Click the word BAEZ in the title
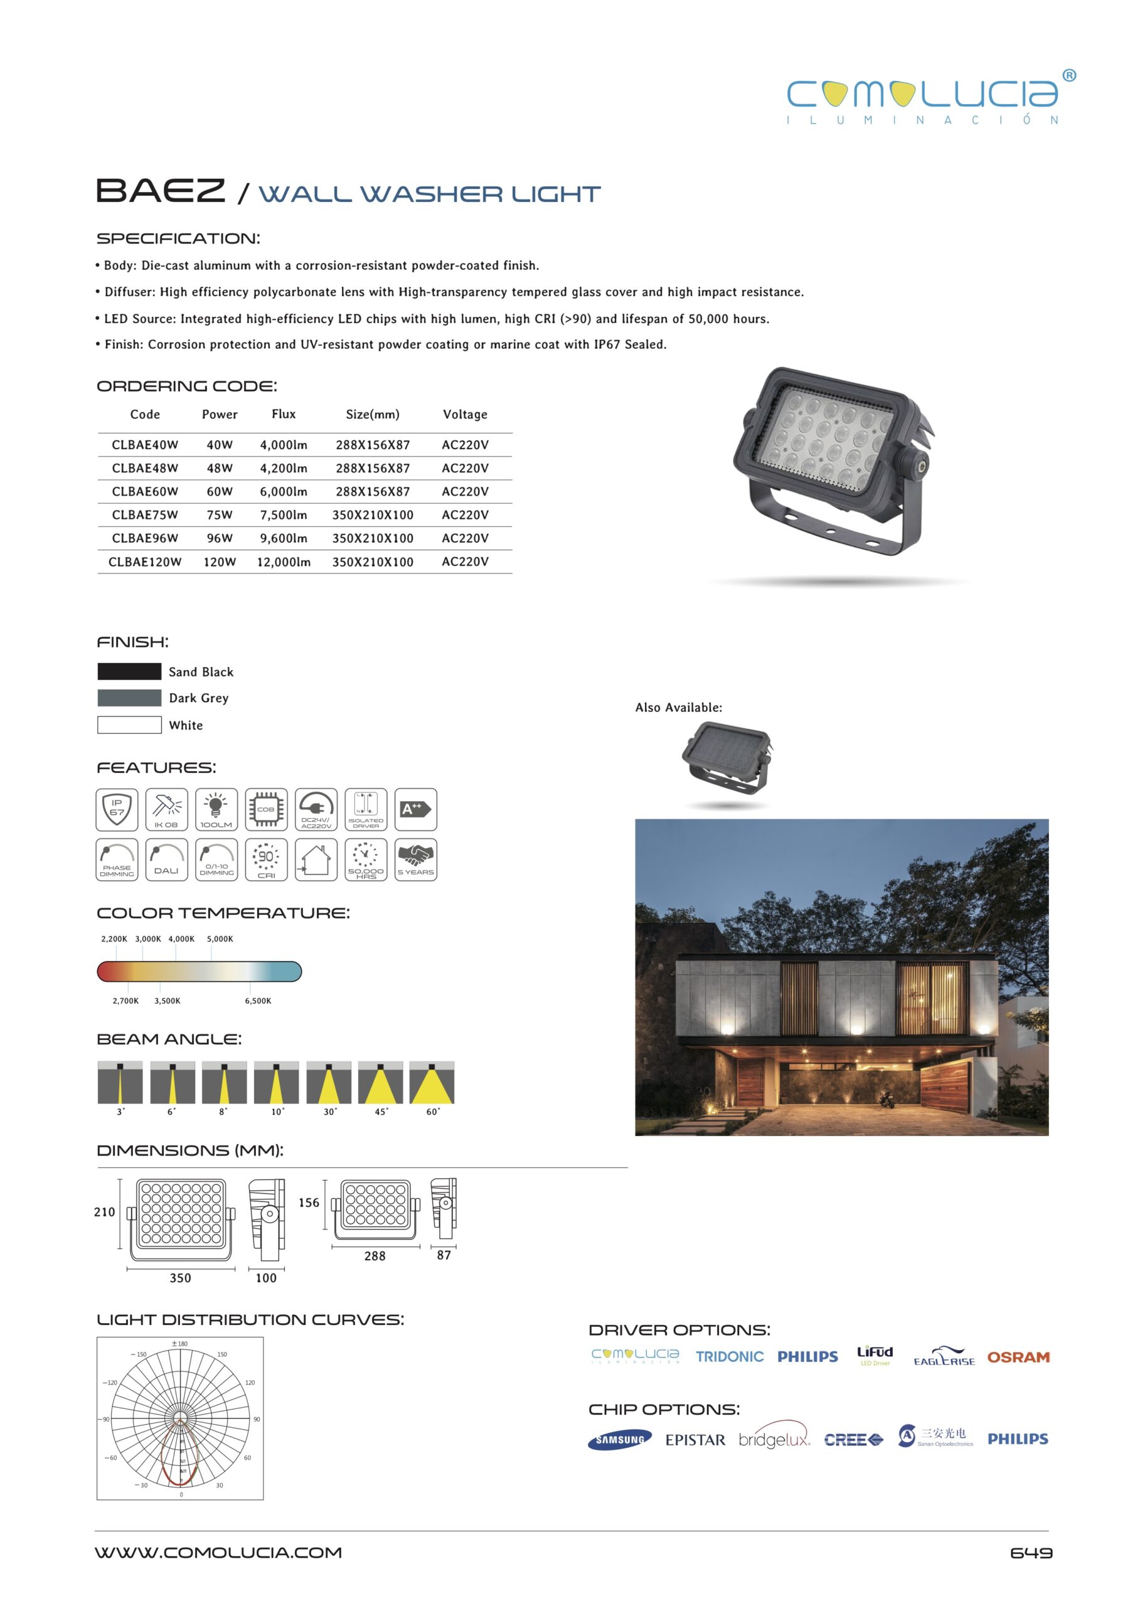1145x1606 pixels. click(x=160, y=191)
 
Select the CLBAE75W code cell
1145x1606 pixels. click(x=144, y=514)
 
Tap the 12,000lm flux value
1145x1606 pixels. click(x=284, y=562)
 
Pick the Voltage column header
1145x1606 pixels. click(x=465, y=415)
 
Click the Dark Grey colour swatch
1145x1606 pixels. click(x=129, y=698)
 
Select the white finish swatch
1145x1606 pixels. click(x=129, y=725)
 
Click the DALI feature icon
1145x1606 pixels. click(x=166, y=859)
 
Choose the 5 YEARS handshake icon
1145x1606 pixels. click(x=415, y=859)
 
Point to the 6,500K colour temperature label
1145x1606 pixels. click(x=258, y=1001)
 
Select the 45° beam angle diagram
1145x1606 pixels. click(x=380, y=1082)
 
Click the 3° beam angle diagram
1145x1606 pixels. click(x=120, y=1082)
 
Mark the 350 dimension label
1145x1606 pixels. click(x=180, y=1278)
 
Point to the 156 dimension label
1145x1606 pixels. click(x=309, y=1203)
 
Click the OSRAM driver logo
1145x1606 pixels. click(x=1018, y=1357)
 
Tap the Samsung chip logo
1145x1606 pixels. click(x=619, y=1440)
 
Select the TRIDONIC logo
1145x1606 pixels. click(x=730, y=1357)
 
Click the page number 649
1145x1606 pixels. click(x=1031, y=1553)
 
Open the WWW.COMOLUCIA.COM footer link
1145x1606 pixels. click(x=218, y=1553)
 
